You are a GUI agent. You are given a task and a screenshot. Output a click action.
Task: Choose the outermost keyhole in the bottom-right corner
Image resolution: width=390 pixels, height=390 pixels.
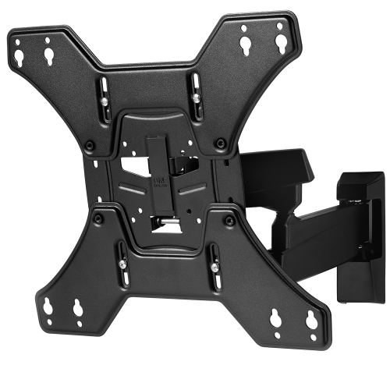coord(310,318)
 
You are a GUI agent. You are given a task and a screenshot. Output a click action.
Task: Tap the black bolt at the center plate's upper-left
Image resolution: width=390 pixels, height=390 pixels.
coord(90,144)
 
